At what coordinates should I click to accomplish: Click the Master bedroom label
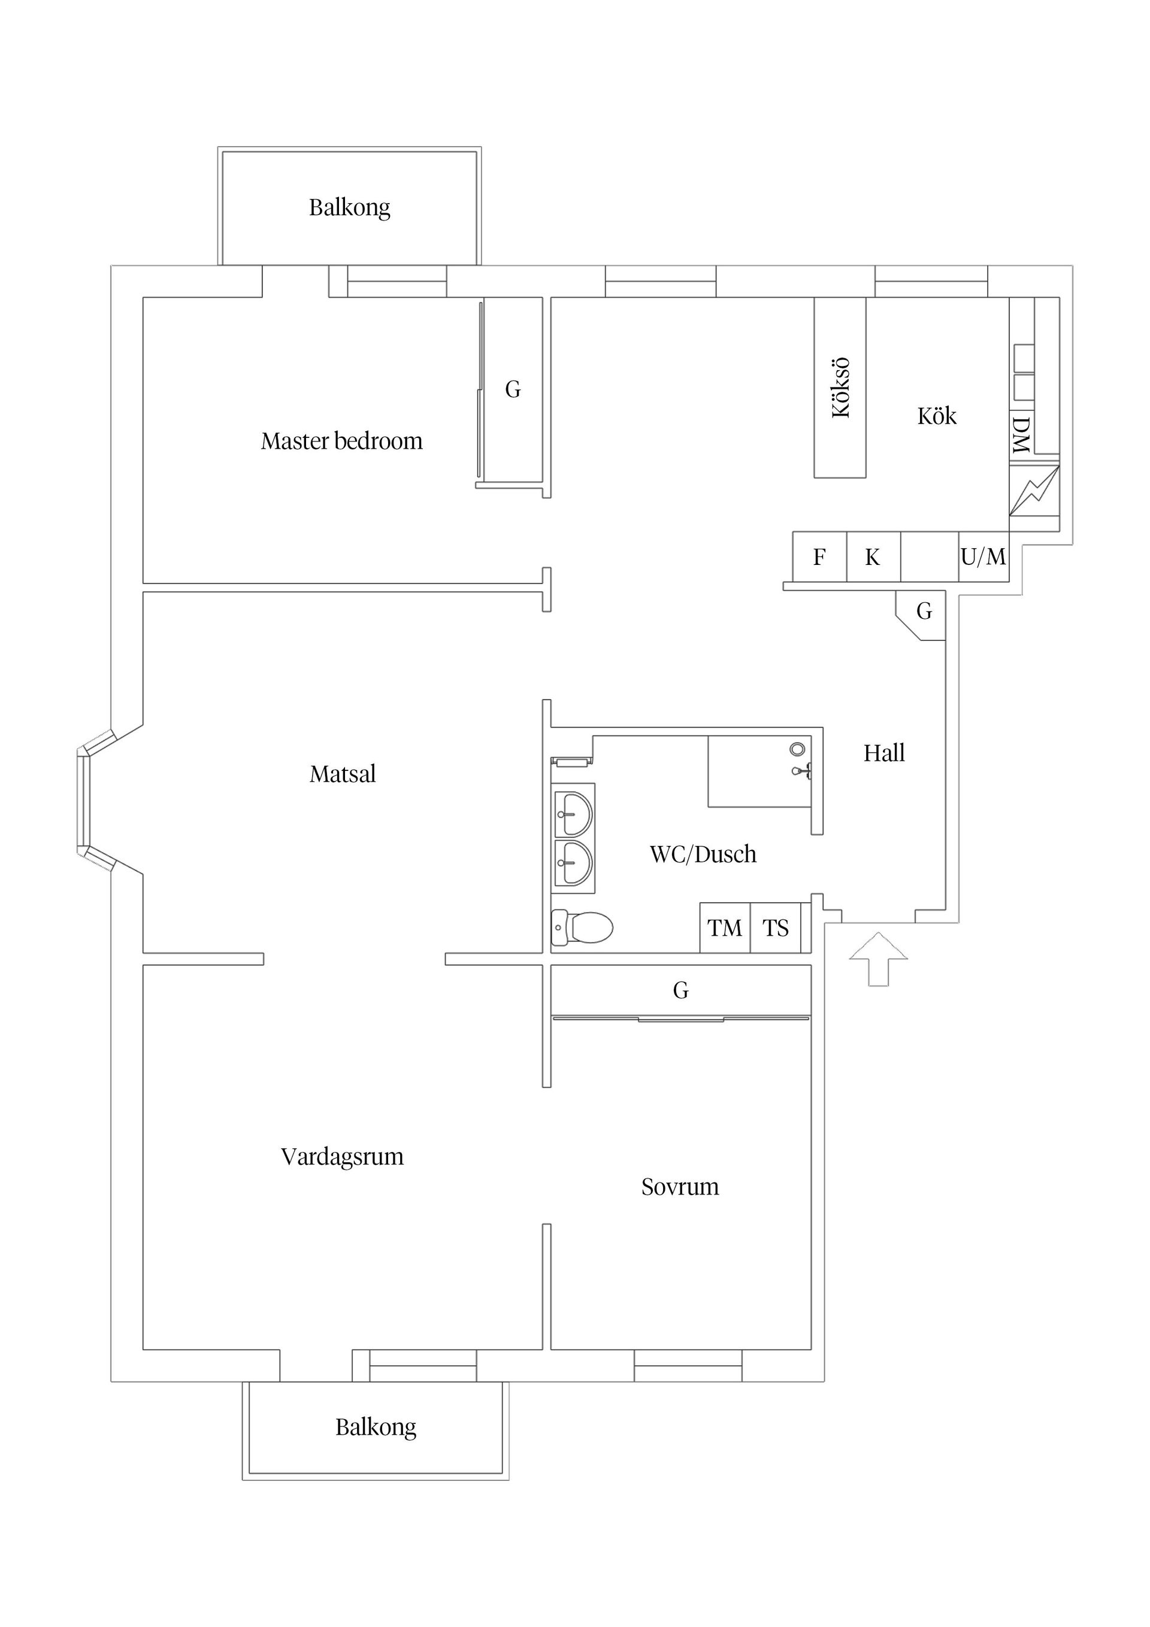tap(341, 441)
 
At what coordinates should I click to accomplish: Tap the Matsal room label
tap(342, 773)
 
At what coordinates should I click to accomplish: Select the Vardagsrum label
tap(342, 1157)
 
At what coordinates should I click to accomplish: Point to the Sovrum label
tap(679, 1186)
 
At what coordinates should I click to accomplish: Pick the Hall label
tap(883, 752)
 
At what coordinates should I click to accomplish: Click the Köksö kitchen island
tap(840, 388)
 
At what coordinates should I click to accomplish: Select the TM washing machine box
tap(725, 927)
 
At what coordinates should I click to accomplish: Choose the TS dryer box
tap(775, 927)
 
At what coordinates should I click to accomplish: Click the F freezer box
tap(819, 557)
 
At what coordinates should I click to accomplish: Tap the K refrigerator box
tap(872, 557)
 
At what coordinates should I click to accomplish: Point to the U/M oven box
tap(983, 557)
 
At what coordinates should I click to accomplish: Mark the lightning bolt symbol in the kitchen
tap(1034, 491)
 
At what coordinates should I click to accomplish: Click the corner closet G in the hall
tap(923, 612)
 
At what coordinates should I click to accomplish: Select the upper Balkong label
tap(349, 208)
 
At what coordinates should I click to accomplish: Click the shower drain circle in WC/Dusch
tap(798, 748)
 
